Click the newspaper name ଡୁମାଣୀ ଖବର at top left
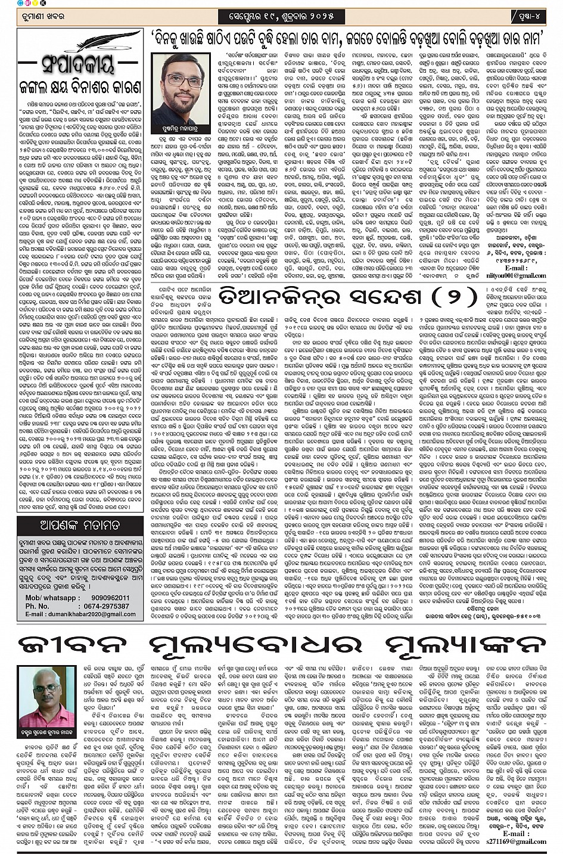pyautogui.click(x=39, y=14)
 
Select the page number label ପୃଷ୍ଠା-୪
pyautogui.click(x=528, y=14)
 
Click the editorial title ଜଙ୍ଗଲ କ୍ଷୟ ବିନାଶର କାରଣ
pyautogui.click(x=79, y=85)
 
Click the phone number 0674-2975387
pyautogui.click(x=107, y=606)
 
